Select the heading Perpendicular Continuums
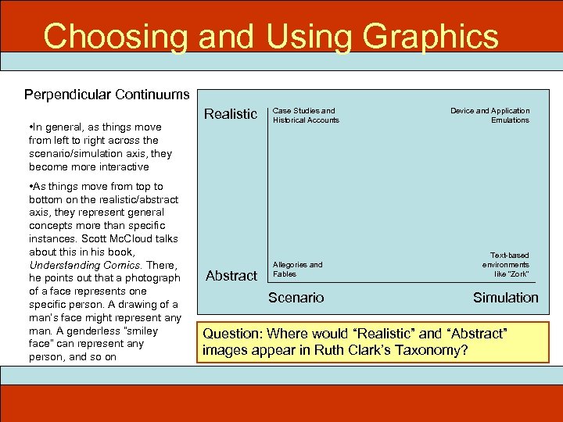point(106,95)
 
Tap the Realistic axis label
point(230,114)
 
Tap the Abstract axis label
point(231,275)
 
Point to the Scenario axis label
point(296,297)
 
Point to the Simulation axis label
point(505,297)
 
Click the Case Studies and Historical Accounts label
point(305,115)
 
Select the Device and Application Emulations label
point(490,115)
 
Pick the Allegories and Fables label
point(297,269)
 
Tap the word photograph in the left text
point(151,277)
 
